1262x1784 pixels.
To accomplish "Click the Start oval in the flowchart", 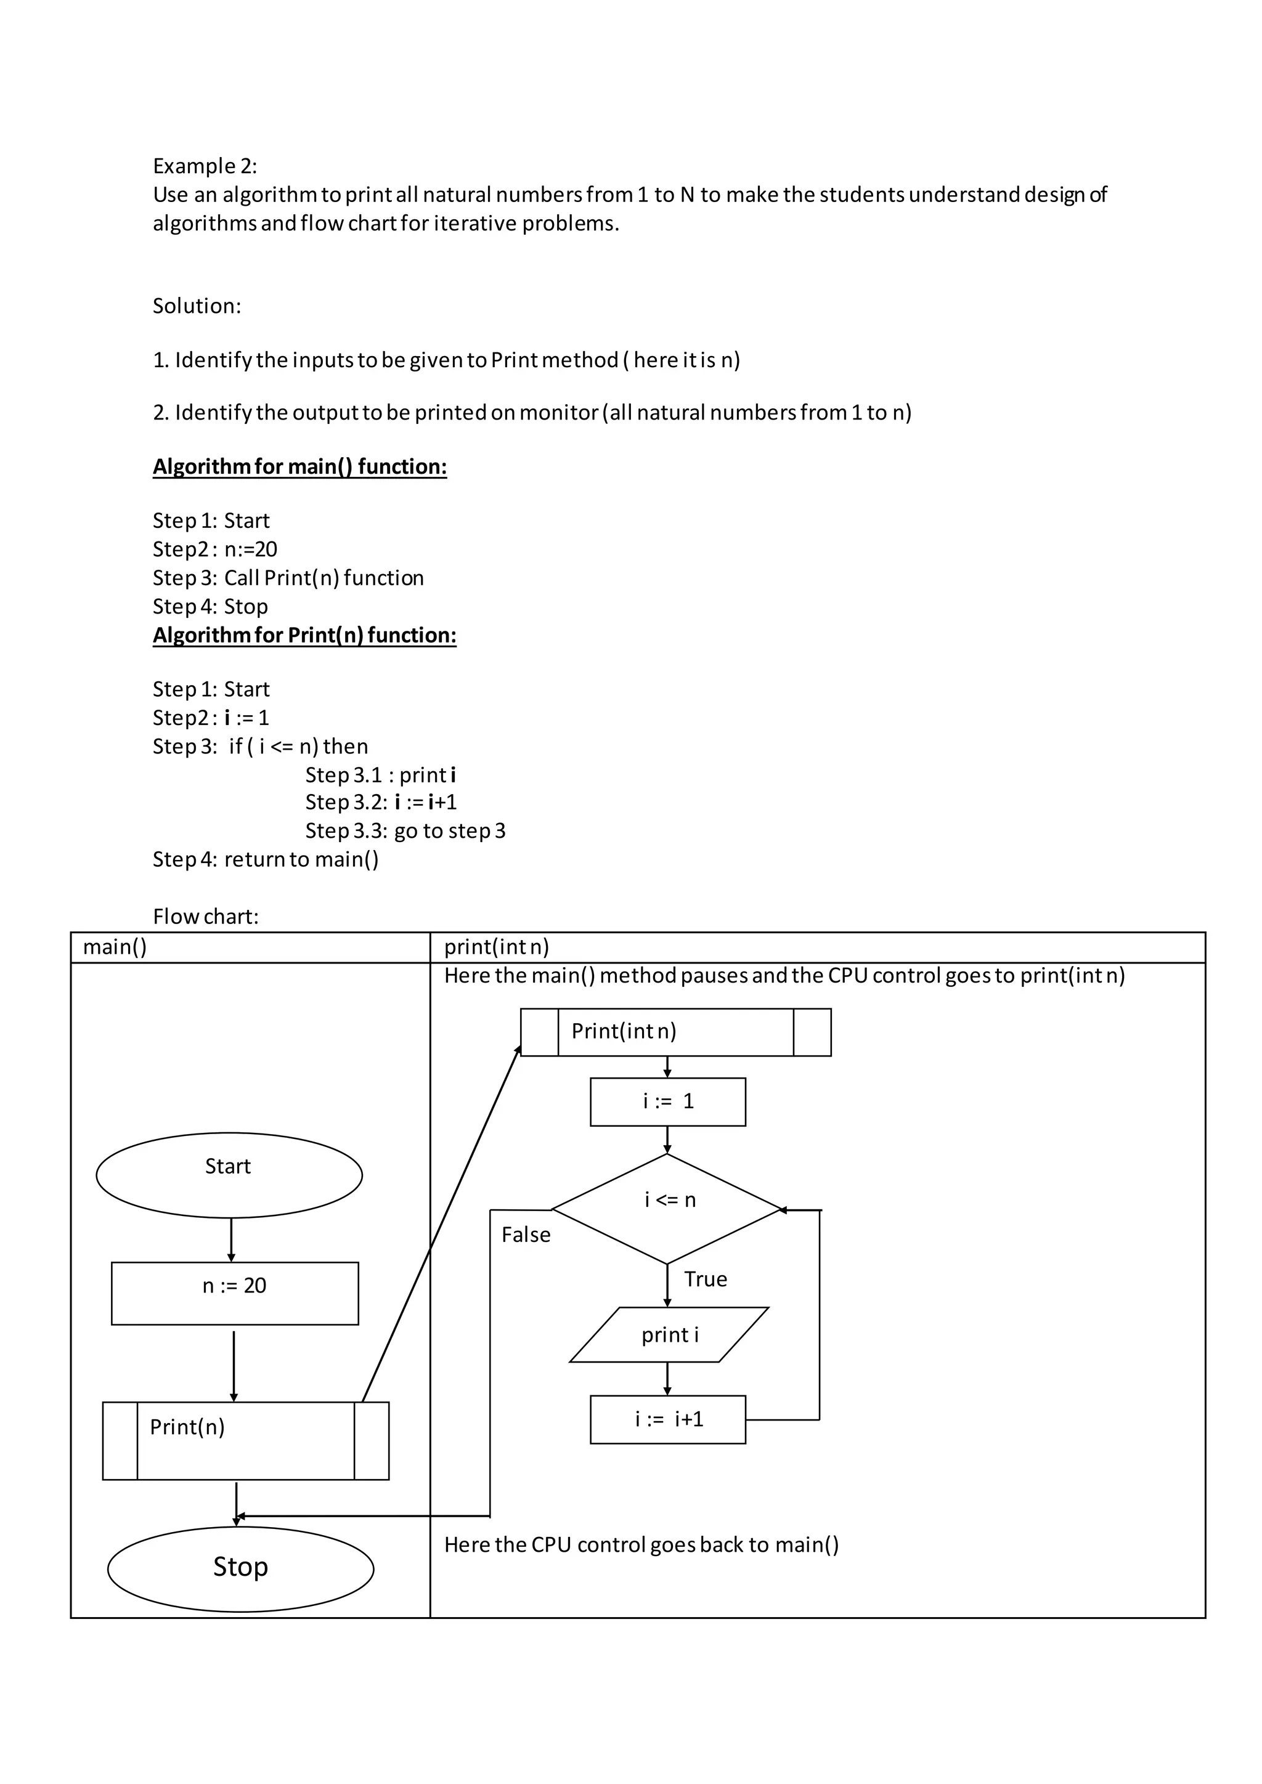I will (229, 1174).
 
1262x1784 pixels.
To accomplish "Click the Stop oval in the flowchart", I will (240, 1569).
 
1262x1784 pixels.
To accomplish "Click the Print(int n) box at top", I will (675, 1032).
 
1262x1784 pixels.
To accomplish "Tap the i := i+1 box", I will (667, 1419).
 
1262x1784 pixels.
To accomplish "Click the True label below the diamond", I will (705, 1279).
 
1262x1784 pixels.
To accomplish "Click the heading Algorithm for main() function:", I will (299, 466).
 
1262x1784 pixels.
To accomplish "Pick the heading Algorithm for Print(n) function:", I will (304, 635).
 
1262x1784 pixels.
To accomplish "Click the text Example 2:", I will (205, 166).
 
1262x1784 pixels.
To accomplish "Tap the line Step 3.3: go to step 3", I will (405, 830).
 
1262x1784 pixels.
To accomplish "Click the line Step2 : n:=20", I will (214, 549).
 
